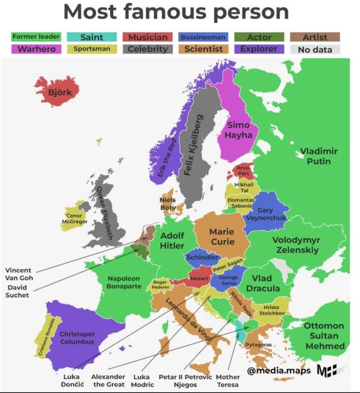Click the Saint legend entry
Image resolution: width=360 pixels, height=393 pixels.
(91, 37)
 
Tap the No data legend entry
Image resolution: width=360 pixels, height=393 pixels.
(316, 49)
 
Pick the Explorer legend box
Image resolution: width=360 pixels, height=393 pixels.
(258, 49)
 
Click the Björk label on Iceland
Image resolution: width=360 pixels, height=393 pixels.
(60, 92)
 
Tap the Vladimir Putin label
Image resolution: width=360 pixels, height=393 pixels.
(319, 156)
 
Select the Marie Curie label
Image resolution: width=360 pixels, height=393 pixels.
(221, 236)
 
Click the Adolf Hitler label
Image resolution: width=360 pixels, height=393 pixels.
(173, 241)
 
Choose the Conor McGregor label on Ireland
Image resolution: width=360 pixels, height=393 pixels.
(74, 219)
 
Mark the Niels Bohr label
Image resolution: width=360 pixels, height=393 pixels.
(168, 203)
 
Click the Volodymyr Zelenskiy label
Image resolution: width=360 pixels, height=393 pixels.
(296, 245)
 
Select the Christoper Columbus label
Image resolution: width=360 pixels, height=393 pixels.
(77, 338)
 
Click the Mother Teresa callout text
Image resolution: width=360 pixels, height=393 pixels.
(228, 380)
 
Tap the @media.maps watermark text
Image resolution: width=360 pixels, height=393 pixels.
(279, 370)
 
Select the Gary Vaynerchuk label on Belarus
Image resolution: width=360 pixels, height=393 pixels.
(267, 214)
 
